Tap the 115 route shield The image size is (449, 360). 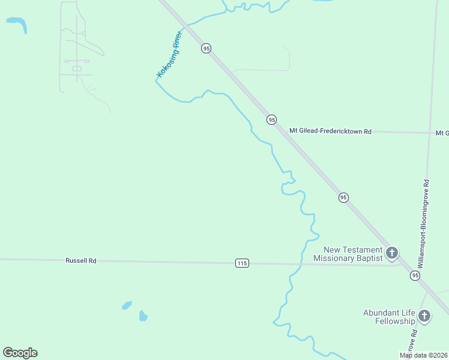click(x=242, y=263)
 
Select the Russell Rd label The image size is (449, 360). click(x=81, y=261)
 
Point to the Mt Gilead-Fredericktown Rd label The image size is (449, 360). click(x=330, y=131)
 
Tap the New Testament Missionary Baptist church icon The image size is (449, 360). click(x=392, y=253)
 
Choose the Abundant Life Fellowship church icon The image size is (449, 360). click(x=424, y=316)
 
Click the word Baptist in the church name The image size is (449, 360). click(x=367, y=259)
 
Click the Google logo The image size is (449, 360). click(x=20, y=353)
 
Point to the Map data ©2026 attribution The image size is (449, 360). click(x=424, y=355)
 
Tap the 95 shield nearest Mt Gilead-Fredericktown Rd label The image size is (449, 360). click(x=272, y=120)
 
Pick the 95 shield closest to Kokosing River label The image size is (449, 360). click(x=206, y=48)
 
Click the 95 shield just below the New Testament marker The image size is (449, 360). click(x=415, y=275)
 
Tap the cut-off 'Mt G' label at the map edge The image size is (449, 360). click(x=442, y=133)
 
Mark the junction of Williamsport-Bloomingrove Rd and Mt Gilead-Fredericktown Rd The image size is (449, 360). click(x=429, y=133)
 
